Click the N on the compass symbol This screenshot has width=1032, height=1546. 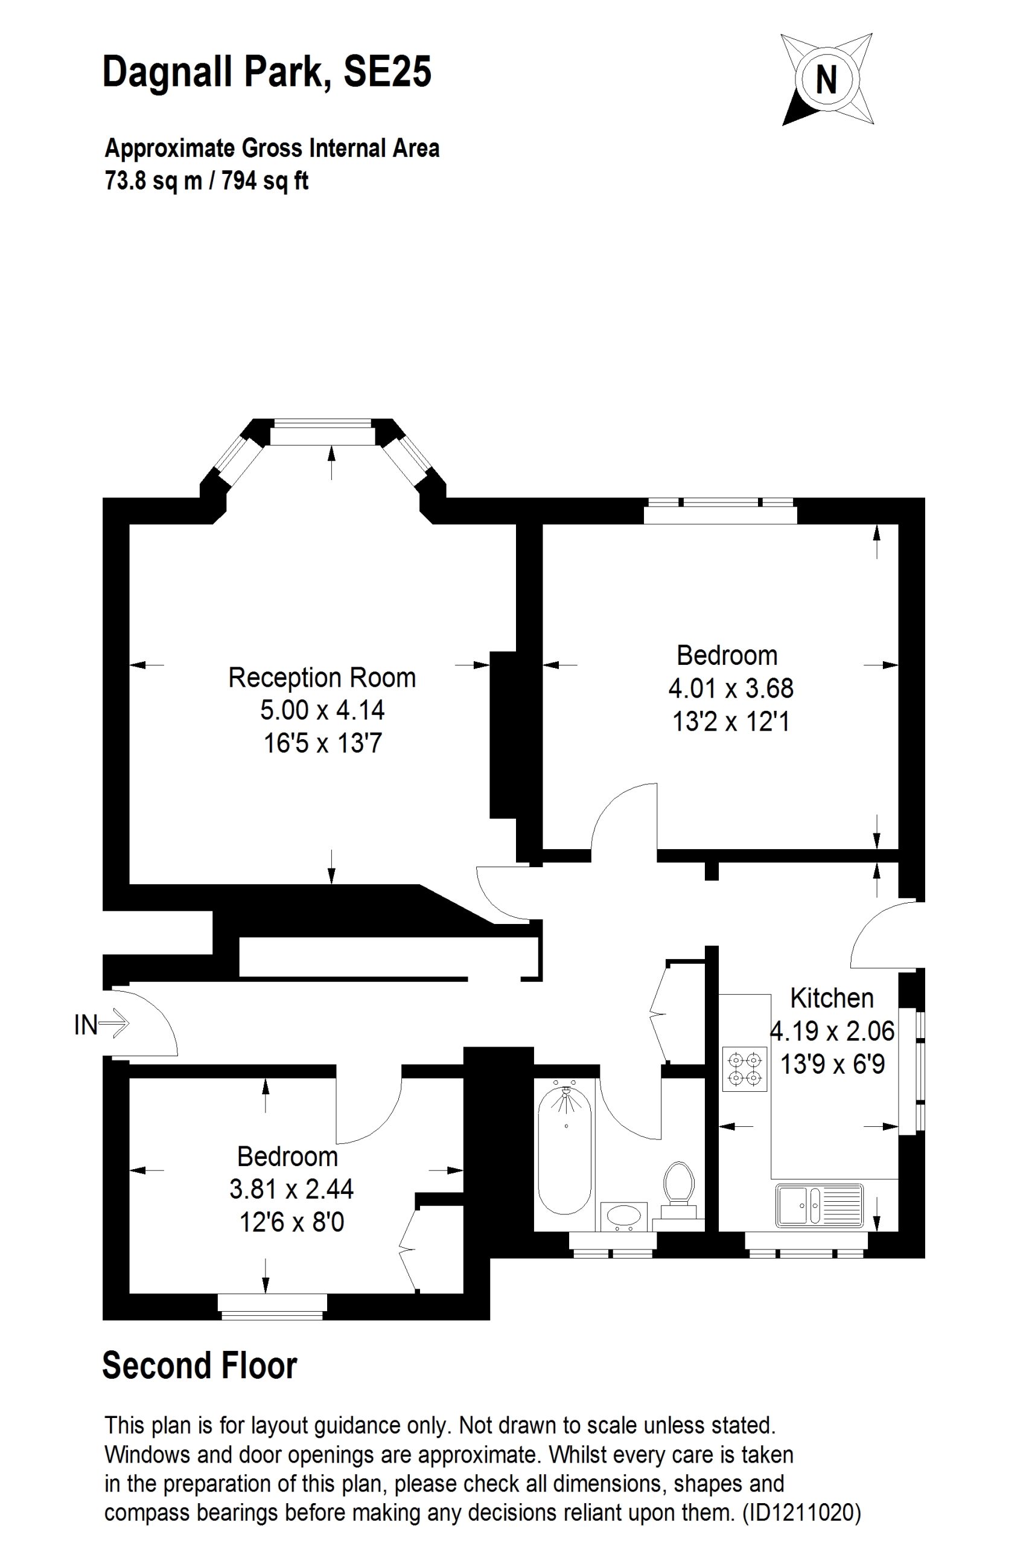tap(826, 80)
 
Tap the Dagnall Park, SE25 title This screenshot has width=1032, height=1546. tap(267, 72)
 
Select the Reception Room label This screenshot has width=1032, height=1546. tap(322, 678)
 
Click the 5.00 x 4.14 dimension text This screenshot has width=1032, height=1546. tap(322, 710)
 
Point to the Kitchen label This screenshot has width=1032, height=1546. tap(832, 998)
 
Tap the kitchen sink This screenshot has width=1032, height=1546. tap(820, 1205)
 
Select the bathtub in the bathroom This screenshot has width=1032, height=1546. tap(565, 1152)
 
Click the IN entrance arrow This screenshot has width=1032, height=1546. tap(114, 1024)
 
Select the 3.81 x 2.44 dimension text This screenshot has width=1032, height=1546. tap(291, 1189)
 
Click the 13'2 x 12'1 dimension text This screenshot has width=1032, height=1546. tap(731, 722)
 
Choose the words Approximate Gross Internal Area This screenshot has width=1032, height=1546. tap(272, 148)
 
